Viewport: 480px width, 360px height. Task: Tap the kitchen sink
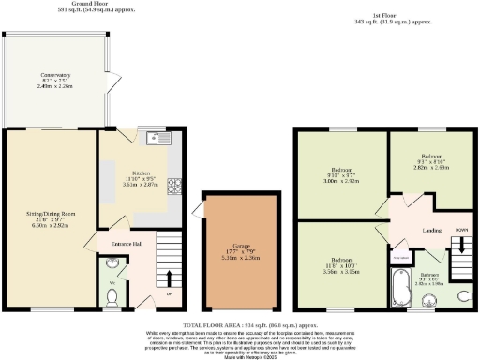click(159, 142)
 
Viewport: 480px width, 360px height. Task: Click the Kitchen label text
click(141, 173)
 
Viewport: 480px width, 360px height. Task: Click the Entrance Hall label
click(127, 244)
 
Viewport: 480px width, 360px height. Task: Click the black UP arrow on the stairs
click(169, 279)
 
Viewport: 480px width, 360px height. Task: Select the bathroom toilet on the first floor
click(463, 294)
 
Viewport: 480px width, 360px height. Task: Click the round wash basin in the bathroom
click(430, 299)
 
